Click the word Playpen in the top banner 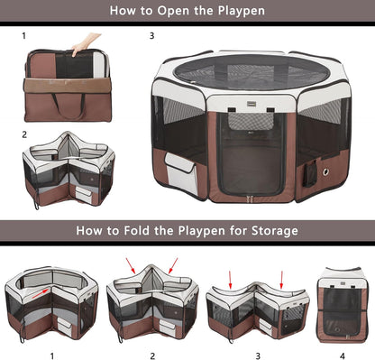(239, 12)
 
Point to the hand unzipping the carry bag (84, 43)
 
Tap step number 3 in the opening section (151, 37)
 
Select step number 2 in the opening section (24, 134)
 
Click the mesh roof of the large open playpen (250, 71)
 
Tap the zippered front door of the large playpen (250, 153)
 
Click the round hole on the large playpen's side (326, 170)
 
